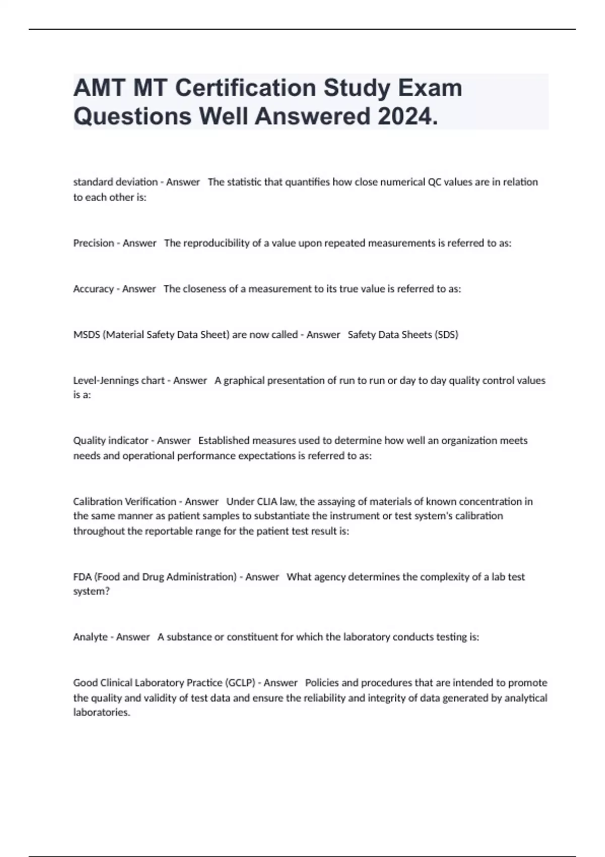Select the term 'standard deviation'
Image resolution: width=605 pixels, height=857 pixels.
[115, 182]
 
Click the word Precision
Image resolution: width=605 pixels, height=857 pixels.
[94, 243]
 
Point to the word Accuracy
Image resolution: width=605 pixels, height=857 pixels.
[93, 289]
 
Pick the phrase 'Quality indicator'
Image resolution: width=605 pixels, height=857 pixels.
[111, 441]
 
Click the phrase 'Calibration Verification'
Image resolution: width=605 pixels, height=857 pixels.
[125, 502]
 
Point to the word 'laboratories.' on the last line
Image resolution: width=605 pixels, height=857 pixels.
[102, 712]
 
